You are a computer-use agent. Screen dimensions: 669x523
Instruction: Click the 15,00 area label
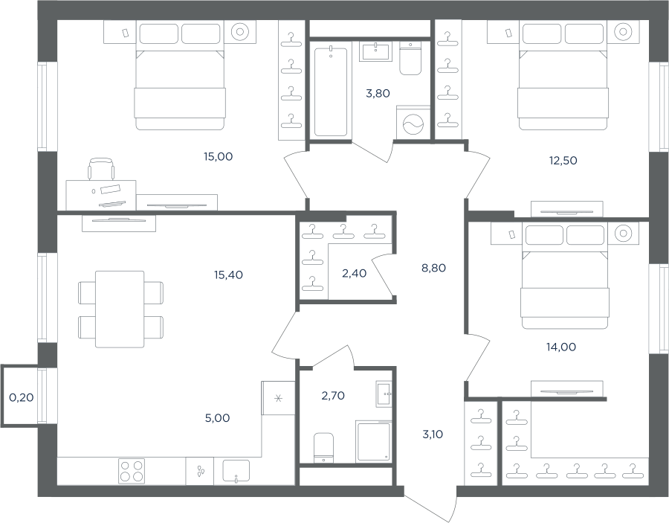coord(218,157)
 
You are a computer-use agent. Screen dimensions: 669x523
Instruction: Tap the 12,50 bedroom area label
coord(563,161)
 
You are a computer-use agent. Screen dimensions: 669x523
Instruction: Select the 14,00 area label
coord(561,347)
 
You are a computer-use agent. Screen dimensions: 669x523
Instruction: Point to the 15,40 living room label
coord(228,275)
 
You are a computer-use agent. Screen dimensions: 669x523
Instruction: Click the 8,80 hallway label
coord(433,268)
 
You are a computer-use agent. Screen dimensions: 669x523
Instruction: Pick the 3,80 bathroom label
coord(378,93)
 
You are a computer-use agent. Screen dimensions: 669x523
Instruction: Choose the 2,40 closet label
coord(354,273)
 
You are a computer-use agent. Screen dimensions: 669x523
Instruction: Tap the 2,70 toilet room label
coord(333,396)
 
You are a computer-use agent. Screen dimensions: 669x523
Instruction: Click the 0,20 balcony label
coord(22,397)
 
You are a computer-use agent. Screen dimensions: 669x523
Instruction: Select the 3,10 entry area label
coord(433,434)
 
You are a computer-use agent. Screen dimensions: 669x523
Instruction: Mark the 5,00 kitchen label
coord(217,418)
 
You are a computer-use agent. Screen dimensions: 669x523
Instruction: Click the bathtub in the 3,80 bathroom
coord(331,92)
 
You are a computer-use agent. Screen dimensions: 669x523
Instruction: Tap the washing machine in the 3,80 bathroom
coord(413,123)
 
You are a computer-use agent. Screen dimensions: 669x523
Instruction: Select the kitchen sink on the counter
coord(236,471)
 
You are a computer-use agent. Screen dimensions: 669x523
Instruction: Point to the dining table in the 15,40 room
coord(120,309)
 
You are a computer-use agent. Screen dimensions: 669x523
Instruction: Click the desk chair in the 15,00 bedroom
coord(101,169)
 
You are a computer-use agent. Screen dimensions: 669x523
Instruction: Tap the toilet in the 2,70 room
coord(323,448)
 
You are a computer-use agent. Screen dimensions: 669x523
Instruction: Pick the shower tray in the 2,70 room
coord(373,441)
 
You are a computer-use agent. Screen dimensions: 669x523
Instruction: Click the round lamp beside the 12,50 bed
coord(623,31)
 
